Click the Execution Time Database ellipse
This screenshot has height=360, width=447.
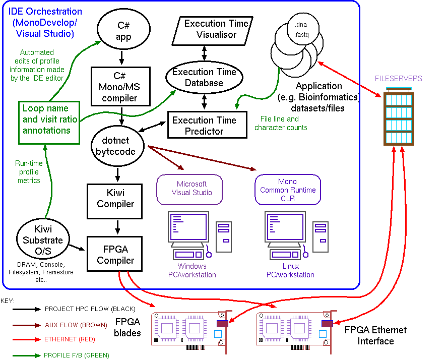[204, 77]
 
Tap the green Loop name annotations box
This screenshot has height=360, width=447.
[46, 119]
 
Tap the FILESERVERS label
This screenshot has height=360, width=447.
[398, 79]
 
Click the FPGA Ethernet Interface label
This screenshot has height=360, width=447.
[375, 336]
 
